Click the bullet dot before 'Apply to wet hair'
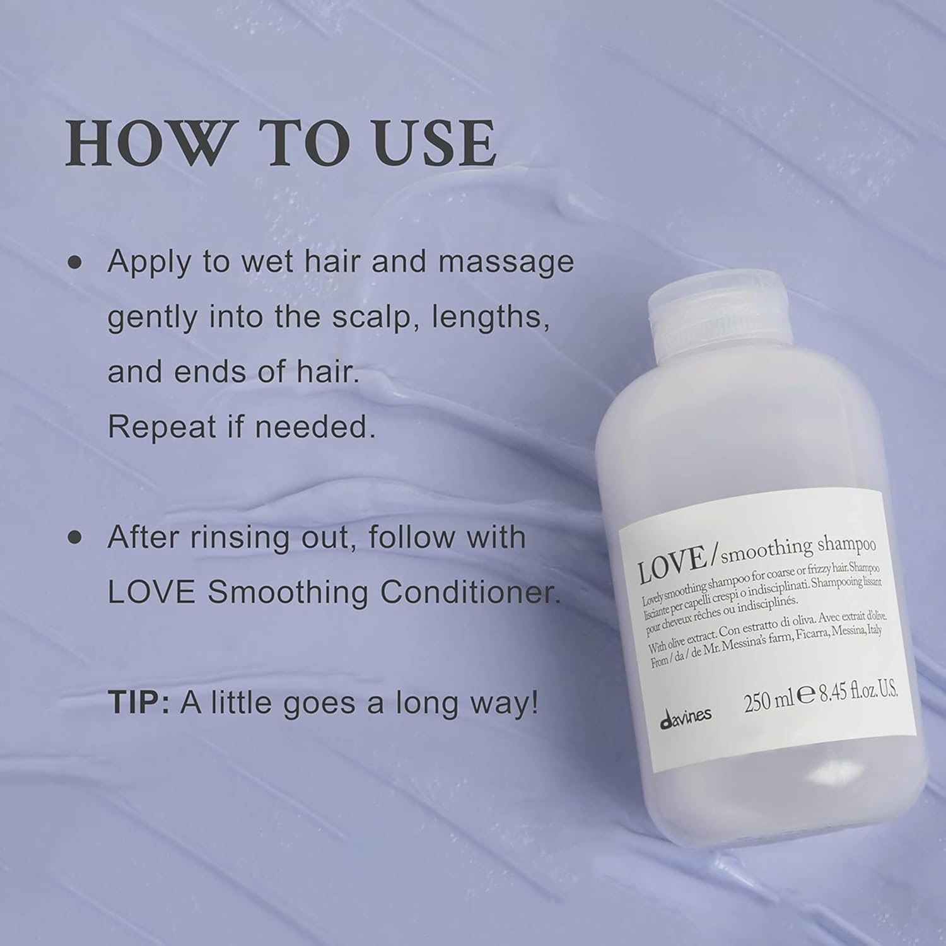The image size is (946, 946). (x=76, y=262)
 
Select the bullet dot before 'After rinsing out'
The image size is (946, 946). (x=76, y=537)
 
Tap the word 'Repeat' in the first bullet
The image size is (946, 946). (x=161, y=427)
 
